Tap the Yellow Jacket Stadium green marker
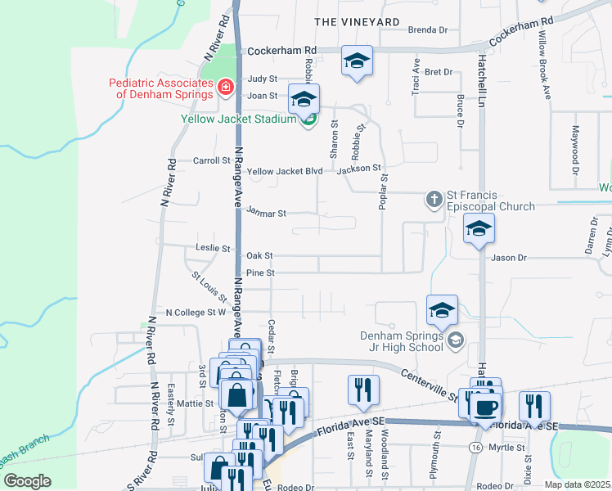[x=308, y=120]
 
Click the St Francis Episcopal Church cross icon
[x=434, y=199]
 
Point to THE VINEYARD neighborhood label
[x=358, y=21]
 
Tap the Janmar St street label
[x=266, y=213]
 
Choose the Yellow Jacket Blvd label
[x=286, y=171]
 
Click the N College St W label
[x=196, y=312]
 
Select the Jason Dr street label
[x=509, y=258]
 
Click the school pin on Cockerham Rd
[x=357, y=61]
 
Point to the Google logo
[x=26, y=481]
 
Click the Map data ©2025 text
[x=577, y=484]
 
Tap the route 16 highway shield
[x=475, y=447]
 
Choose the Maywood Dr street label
[x=575, y=142]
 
